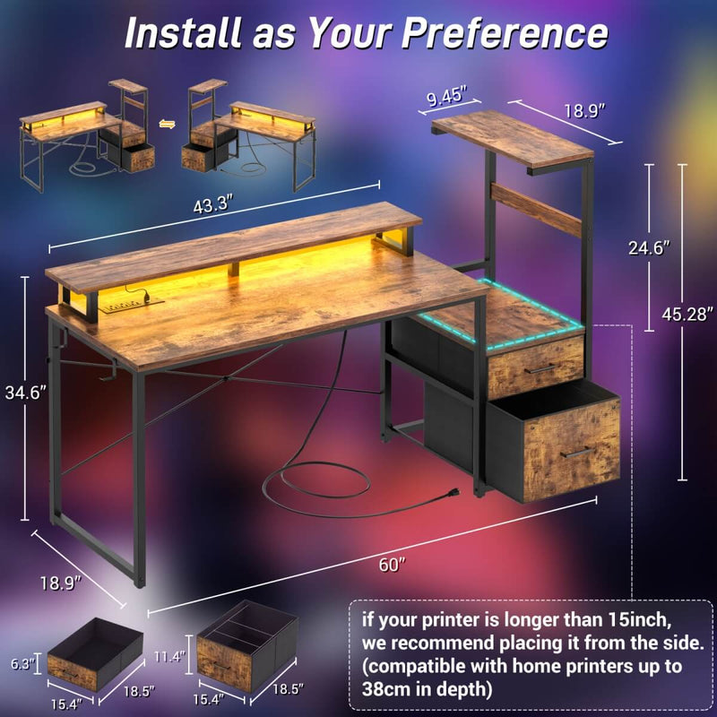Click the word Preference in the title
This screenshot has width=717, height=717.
504,33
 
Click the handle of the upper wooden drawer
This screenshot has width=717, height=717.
541,368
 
